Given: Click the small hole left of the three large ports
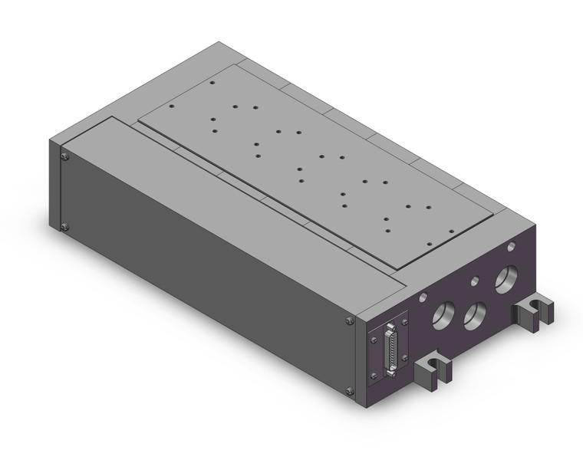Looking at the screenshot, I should point(423,296).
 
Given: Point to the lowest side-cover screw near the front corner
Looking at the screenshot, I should point(351,391).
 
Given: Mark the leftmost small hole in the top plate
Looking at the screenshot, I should point(172,107).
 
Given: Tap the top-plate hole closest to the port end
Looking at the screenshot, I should point(388,231).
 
